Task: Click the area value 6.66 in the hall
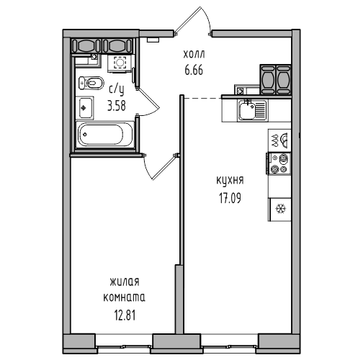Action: [194, 70]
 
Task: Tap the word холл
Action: [194, 55]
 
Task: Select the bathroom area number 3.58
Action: [117, 106]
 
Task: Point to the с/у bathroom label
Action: [117, 90]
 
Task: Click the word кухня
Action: [230, 181]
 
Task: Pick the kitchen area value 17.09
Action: [230, 198]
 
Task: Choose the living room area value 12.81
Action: [125, 315]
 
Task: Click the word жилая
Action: [125, 282]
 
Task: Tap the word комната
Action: [124, 297]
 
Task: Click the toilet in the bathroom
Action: [91, 83]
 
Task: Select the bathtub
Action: [104, 135]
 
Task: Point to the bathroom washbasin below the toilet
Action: [85, 108]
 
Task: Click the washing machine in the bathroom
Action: [120, 63]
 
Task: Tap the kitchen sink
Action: [252, 110]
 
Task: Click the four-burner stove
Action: [279, 163]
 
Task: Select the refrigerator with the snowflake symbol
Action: [280, 209]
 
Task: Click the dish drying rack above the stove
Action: [280, 140]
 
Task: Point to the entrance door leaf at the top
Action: [187, 19]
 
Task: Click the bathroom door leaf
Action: [148, 98]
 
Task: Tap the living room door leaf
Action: [165, 167]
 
